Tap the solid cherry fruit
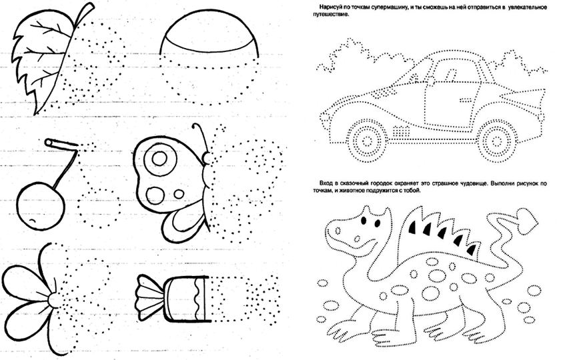(x=41, y=205)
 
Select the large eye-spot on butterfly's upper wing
(x=159, y=159)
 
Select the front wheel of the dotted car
(x=366, y=141)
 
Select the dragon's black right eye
(x=377, y=224)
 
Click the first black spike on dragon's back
(x=413, y=227)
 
